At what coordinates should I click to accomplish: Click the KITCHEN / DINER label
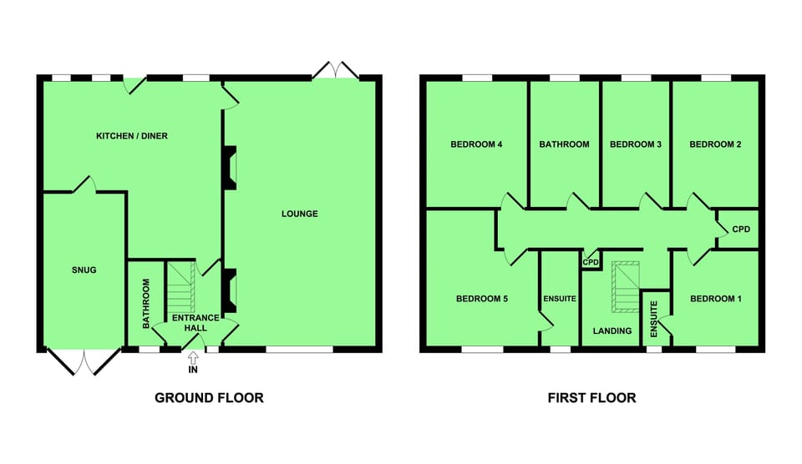click(x=132, y=136)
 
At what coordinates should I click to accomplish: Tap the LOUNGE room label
click(x=299, y=214)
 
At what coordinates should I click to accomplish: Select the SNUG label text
click(x=84, y=270)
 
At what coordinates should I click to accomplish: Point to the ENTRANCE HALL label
click(x=195, y=322)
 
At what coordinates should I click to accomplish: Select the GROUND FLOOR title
click(x=209, y=398)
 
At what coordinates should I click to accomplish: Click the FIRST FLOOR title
click(x=591, y=398)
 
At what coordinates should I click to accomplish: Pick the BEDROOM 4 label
click(x=476, y=144)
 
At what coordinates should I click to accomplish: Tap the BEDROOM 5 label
click(x=482, y=299)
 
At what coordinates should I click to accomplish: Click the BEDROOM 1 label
click(x=715, y=299)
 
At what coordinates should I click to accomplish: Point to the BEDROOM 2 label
click(x=715, y=144)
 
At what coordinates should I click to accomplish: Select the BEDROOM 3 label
click(x=636, y=144)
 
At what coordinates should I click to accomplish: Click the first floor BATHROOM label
click(x=564, y=144)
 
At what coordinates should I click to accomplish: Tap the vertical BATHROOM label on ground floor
click(x=145, y=302)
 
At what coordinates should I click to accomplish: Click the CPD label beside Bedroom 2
click(x=741, y=229)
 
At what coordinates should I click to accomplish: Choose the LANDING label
click(x=612, y=331)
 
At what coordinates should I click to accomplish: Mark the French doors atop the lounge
click(x=335, y=70)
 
